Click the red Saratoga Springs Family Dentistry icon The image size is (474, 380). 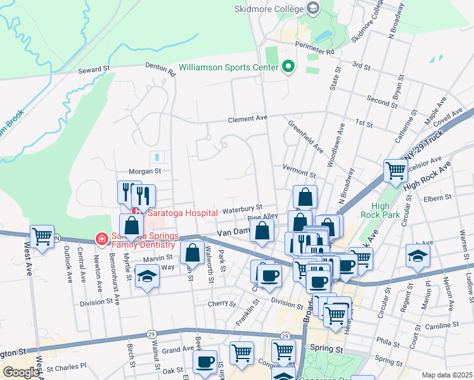point(101,239)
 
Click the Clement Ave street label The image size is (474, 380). point(248,118)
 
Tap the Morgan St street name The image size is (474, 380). point(145,171)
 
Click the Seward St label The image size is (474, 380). point(94,68)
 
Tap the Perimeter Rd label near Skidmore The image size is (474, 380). point(317,50)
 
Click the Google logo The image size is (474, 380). point(20,372)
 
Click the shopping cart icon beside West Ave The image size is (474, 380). point(42,237)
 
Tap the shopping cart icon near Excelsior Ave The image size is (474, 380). point(395,169)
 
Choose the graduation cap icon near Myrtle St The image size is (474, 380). point(147,276)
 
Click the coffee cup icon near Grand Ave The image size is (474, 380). point(205,362)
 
